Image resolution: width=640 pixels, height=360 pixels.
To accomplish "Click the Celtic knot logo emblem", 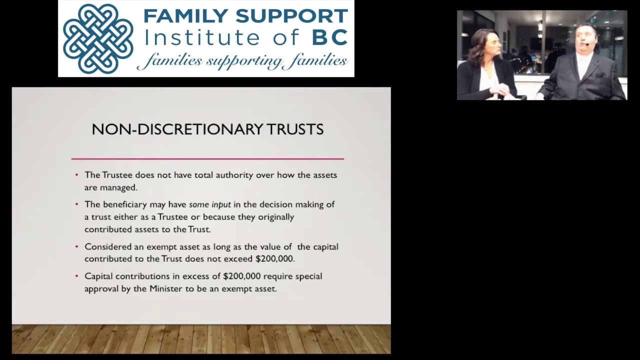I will click(98, 38).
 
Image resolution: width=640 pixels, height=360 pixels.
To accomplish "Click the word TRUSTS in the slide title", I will click(295, 129).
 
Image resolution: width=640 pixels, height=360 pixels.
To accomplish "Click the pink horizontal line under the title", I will click(207, 158).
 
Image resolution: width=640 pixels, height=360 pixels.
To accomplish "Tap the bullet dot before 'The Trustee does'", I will click(76, 175).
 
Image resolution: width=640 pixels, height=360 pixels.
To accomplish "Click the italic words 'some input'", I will click(209, 204).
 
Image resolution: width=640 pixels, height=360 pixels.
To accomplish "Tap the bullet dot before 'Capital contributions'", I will click(76, 276).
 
